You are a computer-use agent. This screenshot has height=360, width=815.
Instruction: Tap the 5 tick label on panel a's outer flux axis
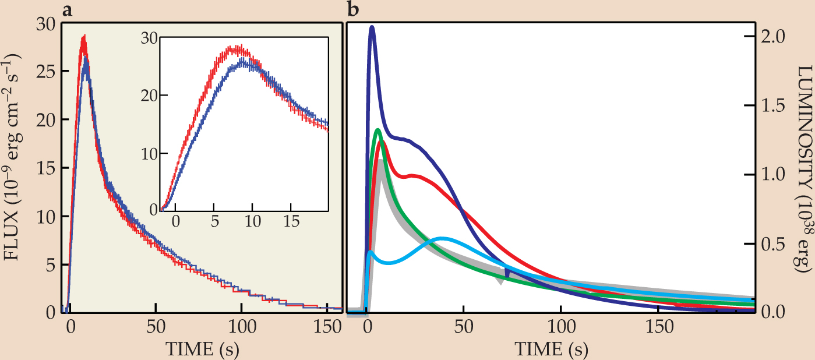point(50,264)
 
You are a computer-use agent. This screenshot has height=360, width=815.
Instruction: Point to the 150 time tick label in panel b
point(658,329)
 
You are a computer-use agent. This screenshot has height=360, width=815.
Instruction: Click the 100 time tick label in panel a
point(242,329)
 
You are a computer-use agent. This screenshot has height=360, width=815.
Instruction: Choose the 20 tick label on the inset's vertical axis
point(151,96)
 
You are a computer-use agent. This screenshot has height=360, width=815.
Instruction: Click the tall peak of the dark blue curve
point(372,27)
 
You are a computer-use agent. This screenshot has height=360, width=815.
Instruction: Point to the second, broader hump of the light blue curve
point(442,239)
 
